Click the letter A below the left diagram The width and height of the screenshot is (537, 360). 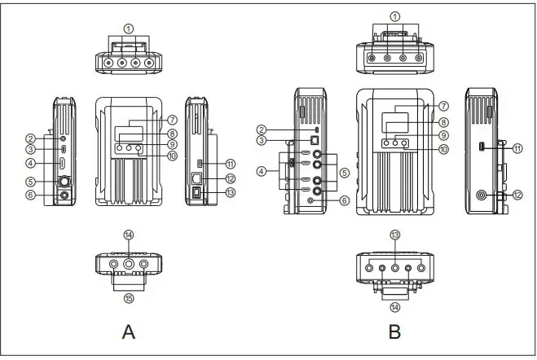[128, 331]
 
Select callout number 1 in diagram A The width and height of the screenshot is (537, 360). [128, 28]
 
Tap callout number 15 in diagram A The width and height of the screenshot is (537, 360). [128, 297]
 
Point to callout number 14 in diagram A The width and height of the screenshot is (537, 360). [128, 235]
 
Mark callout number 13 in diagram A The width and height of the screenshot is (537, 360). [231, 192]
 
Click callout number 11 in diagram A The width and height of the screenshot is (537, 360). [231, 164]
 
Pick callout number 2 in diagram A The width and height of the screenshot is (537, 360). [29, 138]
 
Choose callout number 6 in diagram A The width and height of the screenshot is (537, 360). [29, 195]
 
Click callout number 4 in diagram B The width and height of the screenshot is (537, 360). [262, 170]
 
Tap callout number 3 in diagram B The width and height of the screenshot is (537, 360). [262, 140]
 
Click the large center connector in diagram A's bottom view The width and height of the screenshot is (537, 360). [128, 264]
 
